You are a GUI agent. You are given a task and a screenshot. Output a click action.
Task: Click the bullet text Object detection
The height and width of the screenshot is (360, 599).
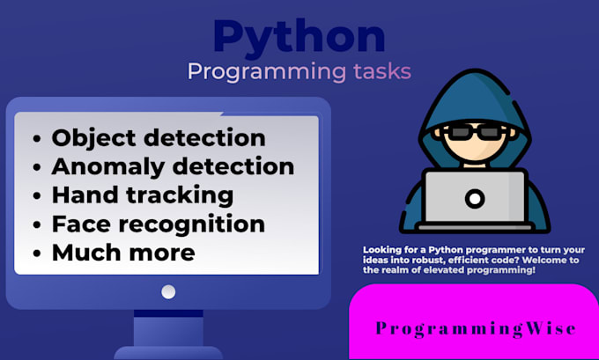(159, 138)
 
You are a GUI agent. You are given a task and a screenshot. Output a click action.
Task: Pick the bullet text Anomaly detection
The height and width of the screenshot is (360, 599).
(173, 166)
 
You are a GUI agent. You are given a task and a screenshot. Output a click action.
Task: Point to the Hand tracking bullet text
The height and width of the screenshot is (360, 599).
(142, 195)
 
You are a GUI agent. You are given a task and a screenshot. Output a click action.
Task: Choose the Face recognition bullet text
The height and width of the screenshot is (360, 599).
(158, 224)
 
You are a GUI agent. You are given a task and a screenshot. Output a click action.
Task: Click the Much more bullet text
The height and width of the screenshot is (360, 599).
(123, 253)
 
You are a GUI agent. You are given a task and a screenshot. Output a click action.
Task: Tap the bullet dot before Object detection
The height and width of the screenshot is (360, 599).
(36, 140)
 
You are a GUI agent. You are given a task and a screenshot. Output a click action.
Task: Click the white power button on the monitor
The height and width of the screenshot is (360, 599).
(168, 292)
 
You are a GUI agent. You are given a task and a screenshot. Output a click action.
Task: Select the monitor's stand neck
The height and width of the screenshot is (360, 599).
(168, 331)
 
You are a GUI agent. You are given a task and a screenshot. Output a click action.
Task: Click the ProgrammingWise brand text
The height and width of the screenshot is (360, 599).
(476, 329)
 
